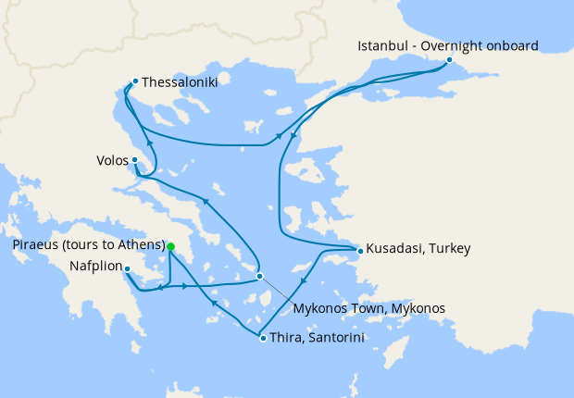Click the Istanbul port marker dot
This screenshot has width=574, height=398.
tap(449, 60)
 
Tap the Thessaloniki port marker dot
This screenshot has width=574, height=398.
tap(135, 81)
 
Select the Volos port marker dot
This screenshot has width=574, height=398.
tap(135, 159)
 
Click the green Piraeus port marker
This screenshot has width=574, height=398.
tap(171, 245)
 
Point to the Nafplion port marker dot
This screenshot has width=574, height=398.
tap(127, 268)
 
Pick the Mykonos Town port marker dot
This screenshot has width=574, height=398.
tap(260, 276)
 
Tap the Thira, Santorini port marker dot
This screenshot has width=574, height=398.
tap(264, 338)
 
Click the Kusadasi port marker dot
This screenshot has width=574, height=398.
tap(360, 249)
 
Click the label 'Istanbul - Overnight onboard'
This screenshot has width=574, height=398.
tap(448, 44)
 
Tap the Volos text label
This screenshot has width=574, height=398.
tap(112, 159)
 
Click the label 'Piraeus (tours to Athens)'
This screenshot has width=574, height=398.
tap(89, 245)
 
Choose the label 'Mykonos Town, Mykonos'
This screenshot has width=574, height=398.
tap(369, 307)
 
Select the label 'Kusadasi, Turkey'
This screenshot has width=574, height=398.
tap(418, 249)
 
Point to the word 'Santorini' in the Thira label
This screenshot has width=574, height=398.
tap(332, 339)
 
